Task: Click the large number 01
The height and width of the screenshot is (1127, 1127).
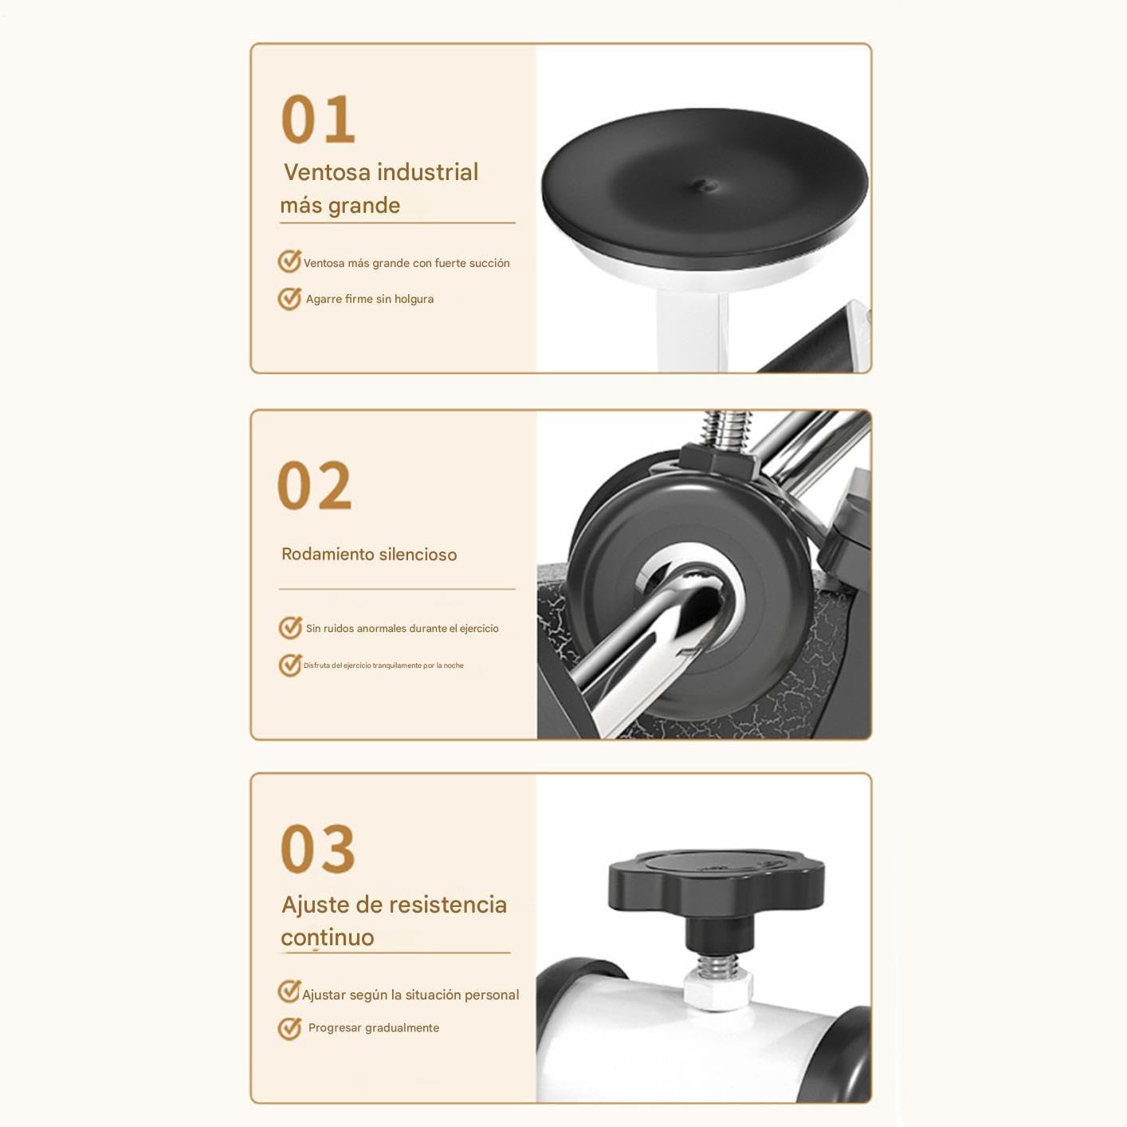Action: coord(318,120)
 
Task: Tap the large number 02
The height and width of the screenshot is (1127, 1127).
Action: coord(315,485)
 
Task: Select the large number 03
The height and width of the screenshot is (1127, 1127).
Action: coord(318,849)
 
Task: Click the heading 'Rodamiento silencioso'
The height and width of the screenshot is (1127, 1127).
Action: coord(369,554)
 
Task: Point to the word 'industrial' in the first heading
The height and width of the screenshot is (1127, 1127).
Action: coord(428,172)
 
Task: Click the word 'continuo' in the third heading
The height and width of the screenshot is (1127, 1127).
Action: coord(328,937)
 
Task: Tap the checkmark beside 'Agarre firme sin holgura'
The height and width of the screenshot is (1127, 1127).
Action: coord(289,299)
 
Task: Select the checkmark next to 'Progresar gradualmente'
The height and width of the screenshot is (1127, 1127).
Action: coord(289,1028)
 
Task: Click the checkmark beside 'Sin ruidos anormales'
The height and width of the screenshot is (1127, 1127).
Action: coord(290,627)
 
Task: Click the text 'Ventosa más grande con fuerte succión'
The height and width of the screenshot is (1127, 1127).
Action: coord(406,263)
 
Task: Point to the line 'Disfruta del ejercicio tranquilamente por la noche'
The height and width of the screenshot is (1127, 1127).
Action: coord(383,666)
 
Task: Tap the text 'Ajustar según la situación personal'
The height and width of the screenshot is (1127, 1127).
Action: coord(410,995)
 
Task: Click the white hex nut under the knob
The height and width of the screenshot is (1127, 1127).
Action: coord(717,992)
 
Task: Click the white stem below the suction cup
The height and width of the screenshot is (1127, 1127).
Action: coord(693,331)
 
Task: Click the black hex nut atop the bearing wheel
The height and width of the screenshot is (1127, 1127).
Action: coord(716,460)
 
